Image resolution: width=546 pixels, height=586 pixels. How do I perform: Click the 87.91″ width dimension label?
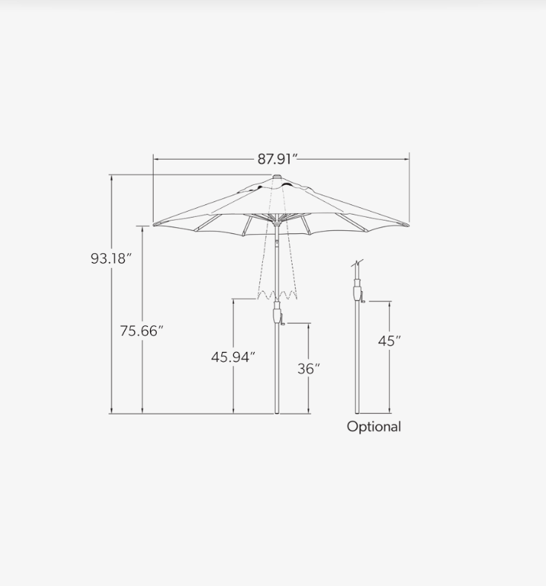277,159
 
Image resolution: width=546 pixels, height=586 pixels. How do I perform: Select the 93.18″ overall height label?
111,258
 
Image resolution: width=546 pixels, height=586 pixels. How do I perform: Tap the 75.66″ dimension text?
142,331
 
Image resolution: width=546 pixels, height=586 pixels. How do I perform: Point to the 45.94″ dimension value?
233,357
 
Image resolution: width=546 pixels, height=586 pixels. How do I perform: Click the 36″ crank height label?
309,369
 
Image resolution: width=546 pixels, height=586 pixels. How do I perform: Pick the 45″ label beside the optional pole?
389,341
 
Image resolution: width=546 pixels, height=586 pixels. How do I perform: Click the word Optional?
374,427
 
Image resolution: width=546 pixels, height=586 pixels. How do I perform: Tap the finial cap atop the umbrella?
276,177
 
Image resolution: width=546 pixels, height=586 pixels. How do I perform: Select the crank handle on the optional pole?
363,298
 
